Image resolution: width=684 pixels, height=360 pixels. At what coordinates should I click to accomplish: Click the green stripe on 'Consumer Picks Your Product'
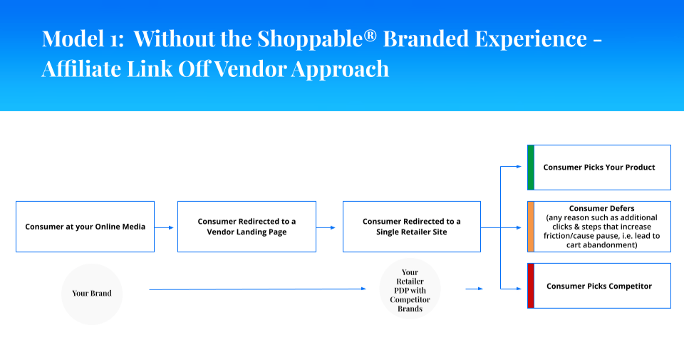[x=531, y=168]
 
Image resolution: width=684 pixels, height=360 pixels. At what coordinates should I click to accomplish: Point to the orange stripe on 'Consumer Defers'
[x=531, y=227]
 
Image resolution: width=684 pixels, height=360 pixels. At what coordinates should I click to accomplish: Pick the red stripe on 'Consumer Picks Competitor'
[x=531, y=286]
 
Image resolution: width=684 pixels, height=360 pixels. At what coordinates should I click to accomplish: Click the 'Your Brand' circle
[x=92, y=294]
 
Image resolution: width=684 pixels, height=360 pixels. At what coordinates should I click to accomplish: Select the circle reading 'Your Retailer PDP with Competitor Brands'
[x=410, y=289]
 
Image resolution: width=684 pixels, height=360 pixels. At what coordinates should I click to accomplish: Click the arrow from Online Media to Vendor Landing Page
[x=164, y=227]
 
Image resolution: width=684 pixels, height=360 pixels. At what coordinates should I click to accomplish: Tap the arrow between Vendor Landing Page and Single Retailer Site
[x=326, y=227]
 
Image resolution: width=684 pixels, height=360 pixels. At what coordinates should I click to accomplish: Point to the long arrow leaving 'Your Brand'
[x=257, y=289]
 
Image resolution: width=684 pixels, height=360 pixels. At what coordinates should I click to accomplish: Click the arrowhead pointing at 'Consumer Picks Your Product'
[x=519, y=167]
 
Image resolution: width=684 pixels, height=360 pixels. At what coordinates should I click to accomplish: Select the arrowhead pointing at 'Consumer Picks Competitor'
[x=519, y=289]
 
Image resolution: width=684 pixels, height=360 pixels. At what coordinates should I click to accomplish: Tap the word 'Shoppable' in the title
[x=310, y=39]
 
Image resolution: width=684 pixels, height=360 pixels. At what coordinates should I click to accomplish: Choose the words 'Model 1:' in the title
[x=83, y=38]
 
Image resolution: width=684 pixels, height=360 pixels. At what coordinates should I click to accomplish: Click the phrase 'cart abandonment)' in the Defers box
[x=601, y=245]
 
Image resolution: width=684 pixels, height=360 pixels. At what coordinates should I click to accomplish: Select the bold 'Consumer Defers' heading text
[x=601, y=209]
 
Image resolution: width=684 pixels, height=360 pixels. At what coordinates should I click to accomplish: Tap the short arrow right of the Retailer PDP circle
[x=475, y=289]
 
